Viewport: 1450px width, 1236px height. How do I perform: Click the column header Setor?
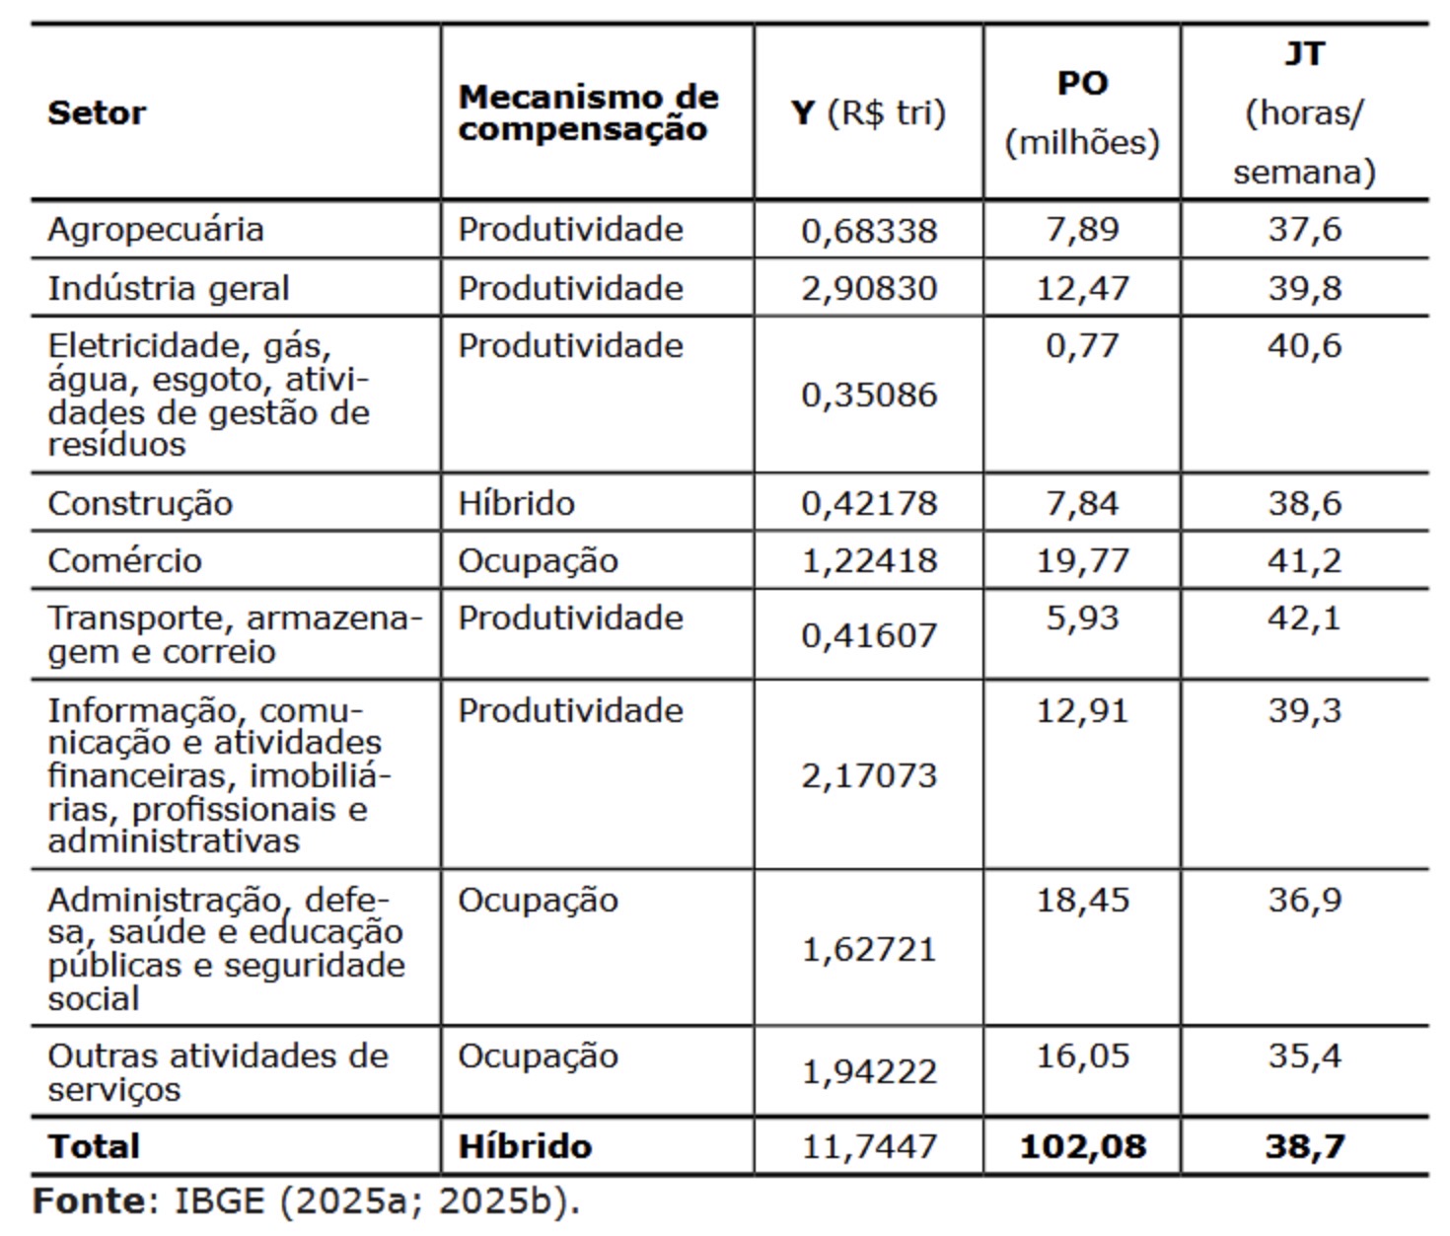coord(97,113)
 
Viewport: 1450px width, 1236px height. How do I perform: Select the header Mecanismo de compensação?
coord(588,113)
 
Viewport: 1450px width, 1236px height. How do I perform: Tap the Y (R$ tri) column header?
coord(868,113)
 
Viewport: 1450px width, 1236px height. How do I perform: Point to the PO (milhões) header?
coord(1082,113)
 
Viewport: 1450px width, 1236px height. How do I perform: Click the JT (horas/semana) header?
coord(1304,113)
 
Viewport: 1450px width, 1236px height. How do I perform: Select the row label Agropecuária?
coord(156,230)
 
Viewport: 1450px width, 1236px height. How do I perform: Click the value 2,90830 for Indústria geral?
coord(869,289)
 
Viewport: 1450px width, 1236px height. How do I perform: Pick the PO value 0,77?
coord(1082,346)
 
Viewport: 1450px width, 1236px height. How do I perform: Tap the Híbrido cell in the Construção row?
coord(516,504)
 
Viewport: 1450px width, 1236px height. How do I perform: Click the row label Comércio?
coord(124,561)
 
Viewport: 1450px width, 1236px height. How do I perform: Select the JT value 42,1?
coord(1304,618)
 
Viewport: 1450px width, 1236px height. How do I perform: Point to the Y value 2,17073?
coord(869,776)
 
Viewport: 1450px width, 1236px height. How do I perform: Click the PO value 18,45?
coord(1082,901)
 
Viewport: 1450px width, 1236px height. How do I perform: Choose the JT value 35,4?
coord(1304,1056)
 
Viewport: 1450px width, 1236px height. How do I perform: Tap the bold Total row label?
coord(94,1147)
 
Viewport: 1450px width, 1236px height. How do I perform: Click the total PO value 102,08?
coord(1082,1147)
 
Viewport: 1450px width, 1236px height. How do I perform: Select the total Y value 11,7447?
coord(869,1147)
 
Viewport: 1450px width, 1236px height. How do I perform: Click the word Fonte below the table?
coord(89,1201)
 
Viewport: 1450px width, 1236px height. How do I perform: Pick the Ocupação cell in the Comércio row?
coord(538,561)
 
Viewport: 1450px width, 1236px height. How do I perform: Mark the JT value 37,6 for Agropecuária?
coord(1304,230)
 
